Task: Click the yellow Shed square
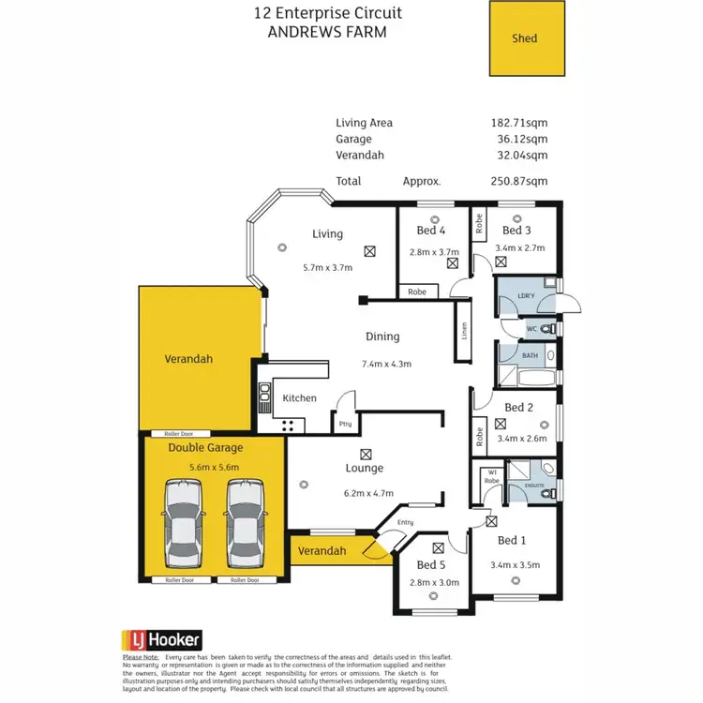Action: pos(528,38)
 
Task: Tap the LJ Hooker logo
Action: pos(161,640)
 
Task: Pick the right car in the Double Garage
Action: pos(244,526)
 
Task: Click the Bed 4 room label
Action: pos(430,231)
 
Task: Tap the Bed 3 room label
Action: pos(516,231)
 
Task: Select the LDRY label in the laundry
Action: pos(526,298)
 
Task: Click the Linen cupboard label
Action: pos(462,332)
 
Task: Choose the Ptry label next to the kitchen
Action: pos(345,424)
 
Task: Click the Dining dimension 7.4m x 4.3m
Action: pos(387,364)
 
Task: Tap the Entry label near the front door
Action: pos(405,522)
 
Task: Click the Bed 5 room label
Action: pos(431,565)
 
